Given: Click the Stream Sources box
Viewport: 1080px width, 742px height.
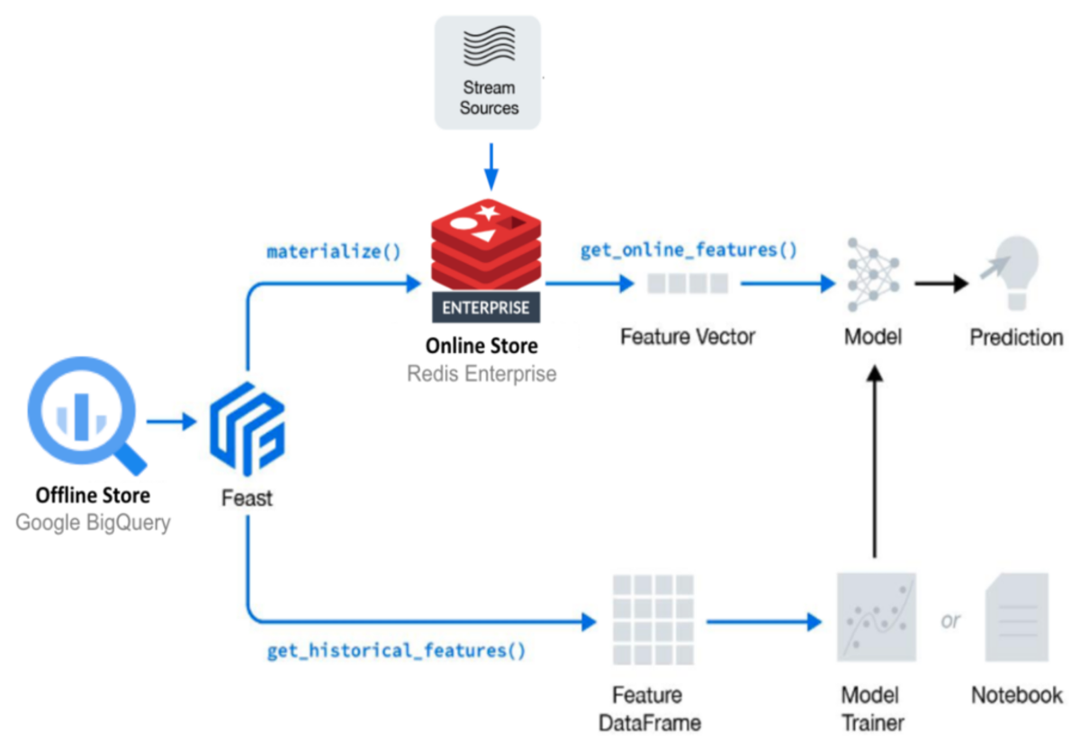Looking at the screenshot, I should click(488, 73).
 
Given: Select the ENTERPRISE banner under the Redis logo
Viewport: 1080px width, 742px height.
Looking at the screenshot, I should click(485, 306).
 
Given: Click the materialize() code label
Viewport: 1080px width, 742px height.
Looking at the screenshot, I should click(334, 251).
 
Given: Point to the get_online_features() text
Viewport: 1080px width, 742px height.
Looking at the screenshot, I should click(688, 250).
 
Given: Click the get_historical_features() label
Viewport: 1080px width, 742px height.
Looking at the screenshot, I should click(396, 650).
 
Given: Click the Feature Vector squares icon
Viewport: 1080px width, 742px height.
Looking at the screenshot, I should click(688, 285).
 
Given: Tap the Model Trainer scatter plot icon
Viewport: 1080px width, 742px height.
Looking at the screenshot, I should click(875, 618).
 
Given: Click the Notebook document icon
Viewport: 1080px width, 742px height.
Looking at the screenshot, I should click(1017, 618).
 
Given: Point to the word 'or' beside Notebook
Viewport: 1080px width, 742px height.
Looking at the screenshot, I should click(950, 621).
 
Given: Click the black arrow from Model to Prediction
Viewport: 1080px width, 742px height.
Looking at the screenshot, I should click(941, 284).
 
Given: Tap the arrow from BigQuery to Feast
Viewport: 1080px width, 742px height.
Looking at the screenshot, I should click(171, 421).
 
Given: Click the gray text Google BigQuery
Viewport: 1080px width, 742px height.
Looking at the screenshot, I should click(93, 523).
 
